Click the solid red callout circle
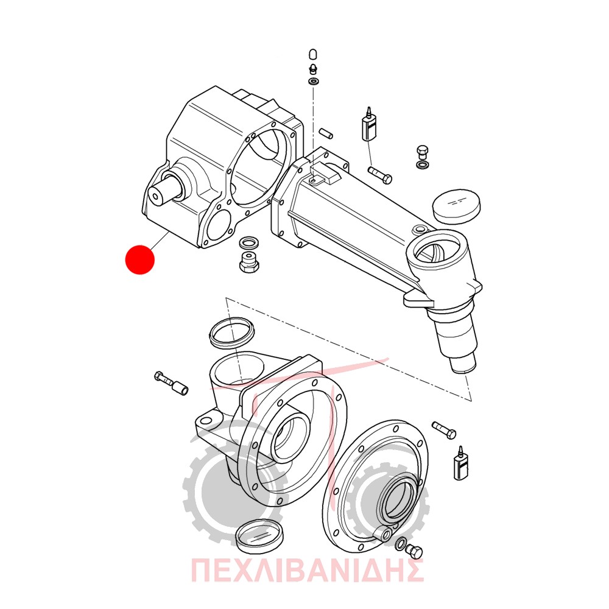pyautogui.click(x=140, y=259)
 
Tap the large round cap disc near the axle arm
pyautogui.click(x=456, y=206)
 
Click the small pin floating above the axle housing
pyautogui.click(x=326, y=132)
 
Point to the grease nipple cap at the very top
pyautogui.click(x=313, y=54)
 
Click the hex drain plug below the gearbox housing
pyautogui.click(x=249, y=262)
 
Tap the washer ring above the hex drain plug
pyautogui.click(x=249, y=243)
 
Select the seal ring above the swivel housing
pyautogui.click(x=231, y=331)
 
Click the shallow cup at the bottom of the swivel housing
pyautogui.click(x=260, y=536)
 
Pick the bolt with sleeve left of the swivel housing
pyautogui.click(x=171, y=382)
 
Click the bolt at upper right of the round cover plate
pyautogui.click(x=444, y=430)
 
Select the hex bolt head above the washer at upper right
pyautogui.click(x=422, y=151)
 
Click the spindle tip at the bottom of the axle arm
pyautogui.click(x=462, y=364)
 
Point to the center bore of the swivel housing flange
pyautogui.click(x=290, y=437)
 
